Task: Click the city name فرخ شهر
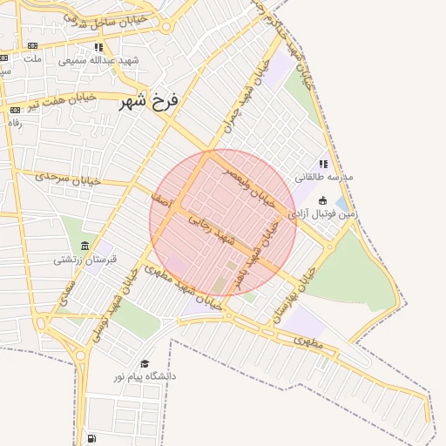(x=150, y=102)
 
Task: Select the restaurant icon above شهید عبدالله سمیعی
(x=98, y=47)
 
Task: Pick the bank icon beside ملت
(x=32, y=45)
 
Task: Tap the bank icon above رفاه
(x=15, y=110)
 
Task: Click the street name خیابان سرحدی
(x=68, y=177)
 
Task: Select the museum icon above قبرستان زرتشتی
(x=84, y=247)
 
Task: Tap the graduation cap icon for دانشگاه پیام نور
(x=145, y=363)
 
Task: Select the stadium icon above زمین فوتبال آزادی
(x=322, y=200)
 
